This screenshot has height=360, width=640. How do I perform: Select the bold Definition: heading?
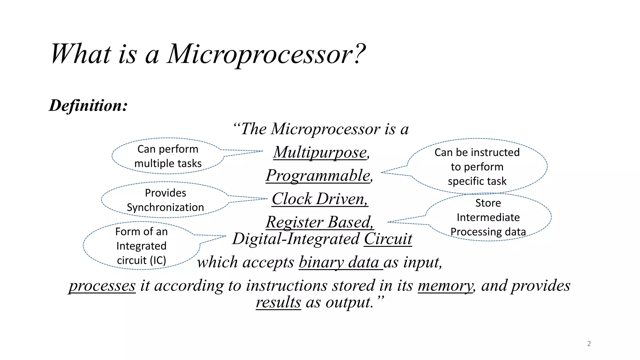coord(88,105)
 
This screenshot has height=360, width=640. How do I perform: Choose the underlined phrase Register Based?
coord(319,222)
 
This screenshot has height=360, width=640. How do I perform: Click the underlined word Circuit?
coord(388,239)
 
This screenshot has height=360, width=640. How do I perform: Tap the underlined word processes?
coord(102,286)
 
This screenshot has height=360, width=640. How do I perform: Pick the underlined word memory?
coord(445,286)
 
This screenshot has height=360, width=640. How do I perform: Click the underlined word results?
coord(278,302)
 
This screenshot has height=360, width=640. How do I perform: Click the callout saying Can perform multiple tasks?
coord(168,156)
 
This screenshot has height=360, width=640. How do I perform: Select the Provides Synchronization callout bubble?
coord(165,200)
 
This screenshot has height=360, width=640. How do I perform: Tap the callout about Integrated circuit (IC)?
coord(141,246)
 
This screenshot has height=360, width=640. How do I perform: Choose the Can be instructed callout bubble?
coord(477,167)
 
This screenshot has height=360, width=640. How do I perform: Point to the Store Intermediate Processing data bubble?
coord(488,217)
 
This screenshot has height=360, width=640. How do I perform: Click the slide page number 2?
coord(589,344)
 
